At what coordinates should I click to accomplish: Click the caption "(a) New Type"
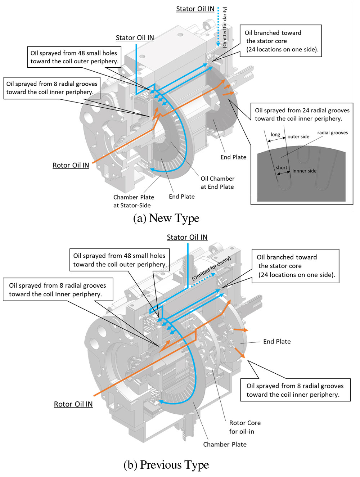coord(166,218)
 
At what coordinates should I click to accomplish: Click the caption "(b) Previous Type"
coord(166,465)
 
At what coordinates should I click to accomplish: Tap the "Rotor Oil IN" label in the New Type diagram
coord(71,165)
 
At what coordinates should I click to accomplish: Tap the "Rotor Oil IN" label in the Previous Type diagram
coord(73,404)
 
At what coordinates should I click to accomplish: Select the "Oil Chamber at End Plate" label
coord(217,183)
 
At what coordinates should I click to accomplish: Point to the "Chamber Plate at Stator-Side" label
coord(133,201)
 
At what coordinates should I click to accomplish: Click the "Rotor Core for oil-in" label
coord(244,427)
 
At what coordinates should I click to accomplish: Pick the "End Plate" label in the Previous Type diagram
coord(276,342)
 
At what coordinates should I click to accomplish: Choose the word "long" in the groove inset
coord(275,135)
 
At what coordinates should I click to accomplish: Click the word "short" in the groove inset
coord(282,168)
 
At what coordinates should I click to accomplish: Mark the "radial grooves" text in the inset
coord(332,133)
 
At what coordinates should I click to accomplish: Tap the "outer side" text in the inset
coord(298,137)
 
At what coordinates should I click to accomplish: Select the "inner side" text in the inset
coord(304,171)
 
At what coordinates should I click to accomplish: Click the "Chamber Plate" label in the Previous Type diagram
coord(225,445)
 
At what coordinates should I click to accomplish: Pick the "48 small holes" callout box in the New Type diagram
coord(74,57)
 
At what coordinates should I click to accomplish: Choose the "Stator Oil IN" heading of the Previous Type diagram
coord(187,237)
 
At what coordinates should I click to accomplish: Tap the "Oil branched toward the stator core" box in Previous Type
coord(296,266)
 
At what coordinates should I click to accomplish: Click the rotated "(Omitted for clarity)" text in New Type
coord(225,27)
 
